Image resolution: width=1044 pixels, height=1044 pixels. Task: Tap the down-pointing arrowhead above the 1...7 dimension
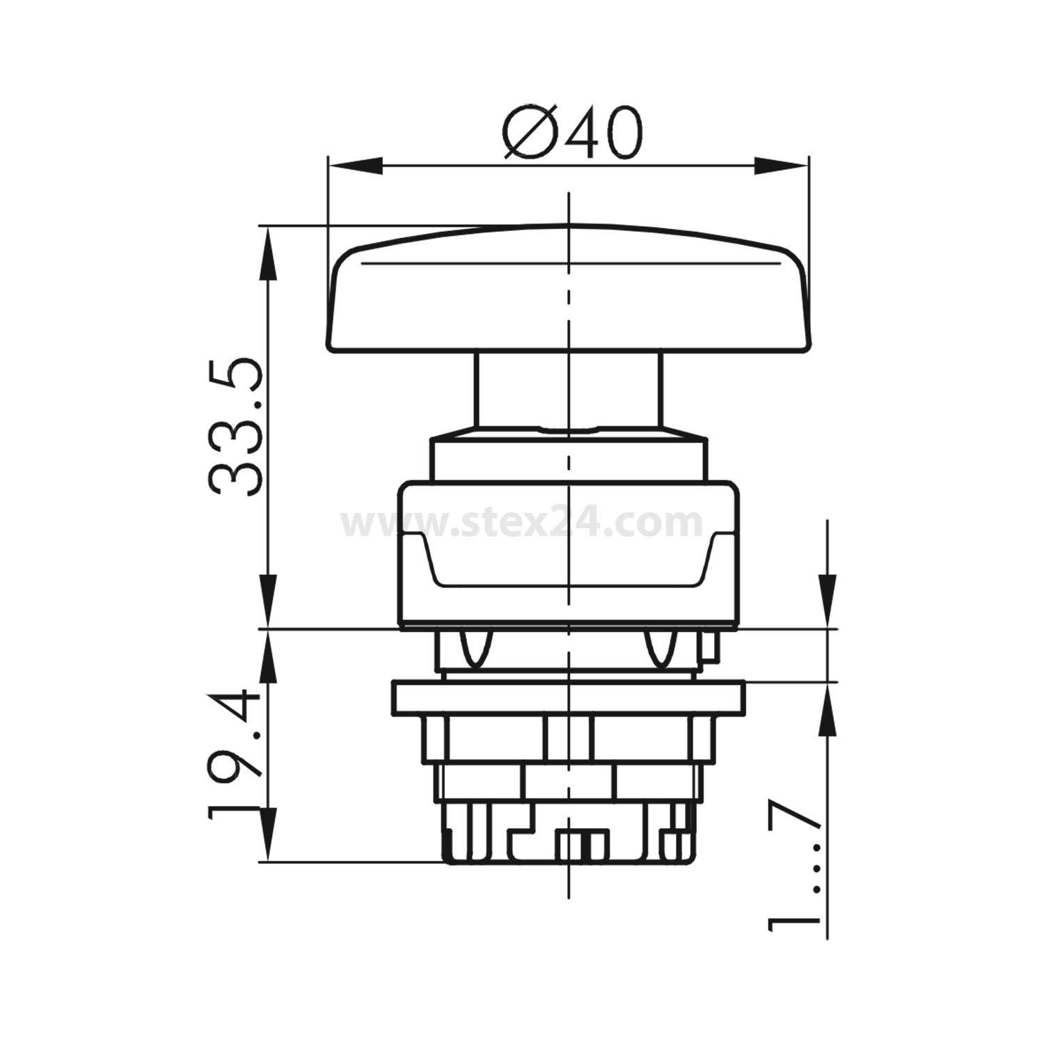[x=827, y=602]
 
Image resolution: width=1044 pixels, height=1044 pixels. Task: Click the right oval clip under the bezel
[x=661, y=647]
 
